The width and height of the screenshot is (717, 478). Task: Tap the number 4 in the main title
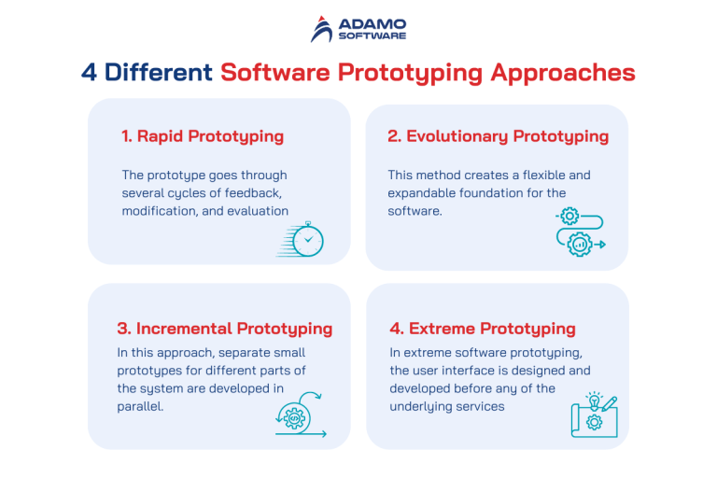coord(89,73)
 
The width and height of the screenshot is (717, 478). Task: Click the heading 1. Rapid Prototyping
coord(203,136)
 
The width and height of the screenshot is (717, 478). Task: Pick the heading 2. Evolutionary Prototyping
coord(498,136)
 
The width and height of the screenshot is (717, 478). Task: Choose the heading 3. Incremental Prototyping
coord(225,329)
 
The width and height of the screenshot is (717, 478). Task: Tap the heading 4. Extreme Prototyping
coord(482,329)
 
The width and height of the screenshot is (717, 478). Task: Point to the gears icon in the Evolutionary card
coord(579,232)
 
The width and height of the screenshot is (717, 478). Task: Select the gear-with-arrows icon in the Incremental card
coord(298,418)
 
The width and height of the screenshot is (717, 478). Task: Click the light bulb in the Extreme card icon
coord(592,401)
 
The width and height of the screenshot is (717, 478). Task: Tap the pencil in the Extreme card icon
coord(610,403)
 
